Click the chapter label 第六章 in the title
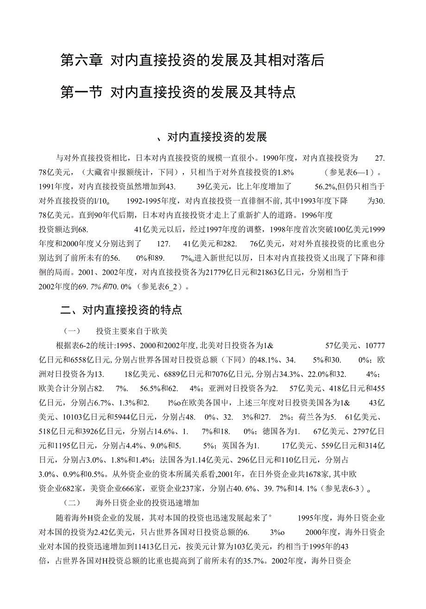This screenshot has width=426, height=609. click(x=81, y=61)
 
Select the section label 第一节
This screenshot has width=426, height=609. click(x=81, y=93)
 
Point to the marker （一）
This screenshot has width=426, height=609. click(x=72, y=331)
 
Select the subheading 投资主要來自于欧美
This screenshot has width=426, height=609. click(x=131, y=331)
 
